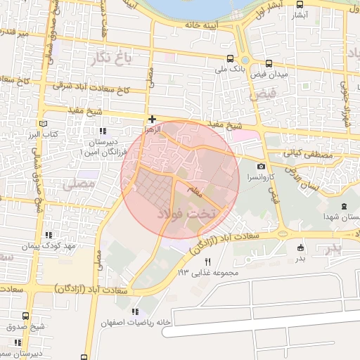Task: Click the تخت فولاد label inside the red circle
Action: click(x=189, y=211)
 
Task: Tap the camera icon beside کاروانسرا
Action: click(x=261, y=165)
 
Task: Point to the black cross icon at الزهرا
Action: click(x=152, y=120)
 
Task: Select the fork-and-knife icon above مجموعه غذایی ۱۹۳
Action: click(x=207, y=261)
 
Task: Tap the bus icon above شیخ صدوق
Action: click(x=26, y=316)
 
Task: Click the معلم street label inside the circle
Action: click(x=193, y=188)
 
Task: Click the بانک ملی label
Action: click(x=231, y=70)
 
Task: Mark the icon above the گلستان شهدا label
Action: click(x=343, y=206)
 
